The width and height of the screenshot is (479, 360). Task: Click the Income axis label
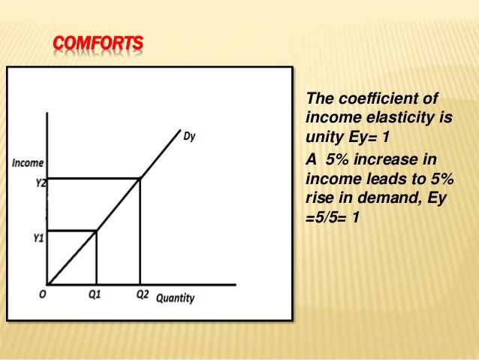(27, 162)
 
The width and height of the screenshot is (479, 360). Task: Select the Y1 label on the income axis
(38, 238)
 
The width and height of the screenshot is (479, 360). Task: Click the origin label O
(43, 295)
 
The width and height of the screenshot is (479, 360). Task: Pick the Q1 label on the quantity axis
(95, 295)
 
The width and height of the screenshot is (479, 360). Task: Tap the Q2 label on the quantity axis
(142, 295)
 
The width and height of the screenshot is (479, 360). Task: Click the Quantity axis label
(175, 298)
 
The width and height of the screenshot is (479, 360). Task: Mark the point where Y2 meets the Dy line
(140, 178)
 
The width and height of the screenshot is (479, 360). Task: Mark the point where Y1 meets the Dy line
(96, 231)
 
